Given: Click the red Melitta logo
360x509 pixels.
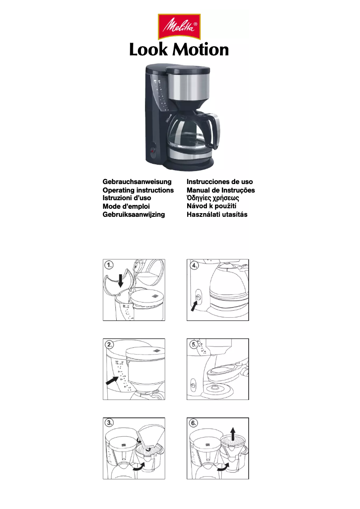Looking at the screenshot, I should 179,27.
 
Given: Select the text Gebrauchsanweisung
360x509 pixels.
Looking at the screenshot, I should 137,182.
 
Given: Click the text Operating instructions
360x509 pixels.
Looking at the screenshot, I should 138,190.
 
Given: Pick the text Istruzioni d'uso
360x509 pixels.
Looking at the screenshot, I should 127,198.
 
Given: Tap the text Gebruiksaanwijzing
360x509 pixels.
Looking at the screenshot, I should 134,214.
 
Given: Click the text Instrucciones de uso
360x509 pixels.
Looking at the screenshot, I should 220,182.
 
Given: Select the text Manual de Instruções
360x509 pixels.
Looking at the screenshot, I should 221,190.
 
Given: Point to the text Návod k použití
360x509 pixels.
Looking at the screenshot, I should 211,206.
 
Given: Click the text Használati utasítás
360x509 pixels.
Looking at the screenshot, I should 217,214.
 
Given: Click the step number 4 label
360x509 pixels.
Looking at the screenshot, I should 194,265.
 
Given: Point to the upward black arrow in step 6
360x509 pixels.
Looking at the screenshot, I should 233,434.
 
